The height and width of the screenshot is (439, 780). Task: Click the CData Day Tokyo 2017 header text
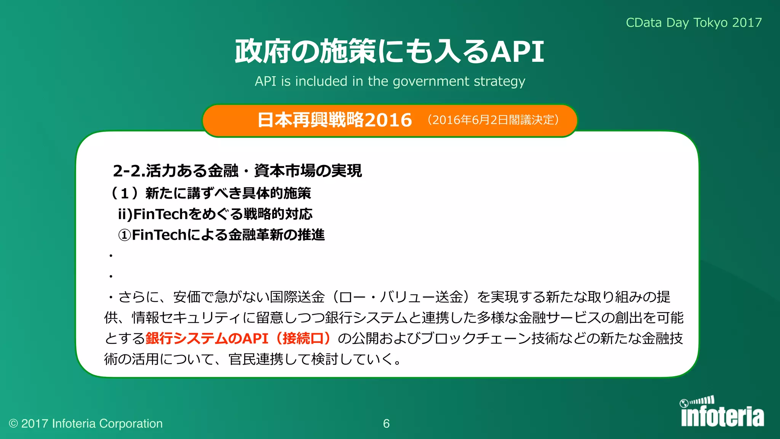[694, 23]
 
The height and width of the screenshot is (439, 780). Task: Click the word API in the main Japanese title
[518, 51]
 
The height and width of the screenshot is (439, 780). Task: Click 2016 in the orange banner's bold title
[388, 120]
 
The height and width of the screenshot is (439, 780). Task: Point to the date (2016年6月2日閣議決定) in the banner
[493, 120]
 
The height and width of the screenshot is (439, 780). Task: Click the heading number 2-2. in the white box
[129, 171]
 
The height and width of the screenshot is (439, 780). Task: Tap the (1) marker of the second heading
[124, 193]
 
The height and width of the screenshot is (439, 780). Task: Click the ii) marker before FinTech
[125, 214]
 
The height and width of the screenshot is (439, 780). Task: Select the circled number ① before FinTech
[125, 235]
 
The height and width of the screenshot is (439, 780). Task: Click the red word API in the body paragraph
[255, 338]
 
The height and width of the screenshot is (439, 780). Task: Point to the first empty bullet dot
[111, 256]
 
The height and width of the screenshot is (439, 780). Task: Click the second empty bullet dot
[111, 276]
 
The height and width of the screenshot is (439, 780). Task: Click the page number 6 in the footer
[386, 424]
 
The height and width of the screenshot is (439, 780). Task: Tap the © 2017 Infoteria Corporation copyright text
[86, 424]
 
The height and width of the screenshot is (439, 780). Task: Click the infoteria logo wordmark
[722, 417]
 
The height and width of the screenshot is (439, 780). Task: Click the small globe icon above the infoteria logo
[684, 403]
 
